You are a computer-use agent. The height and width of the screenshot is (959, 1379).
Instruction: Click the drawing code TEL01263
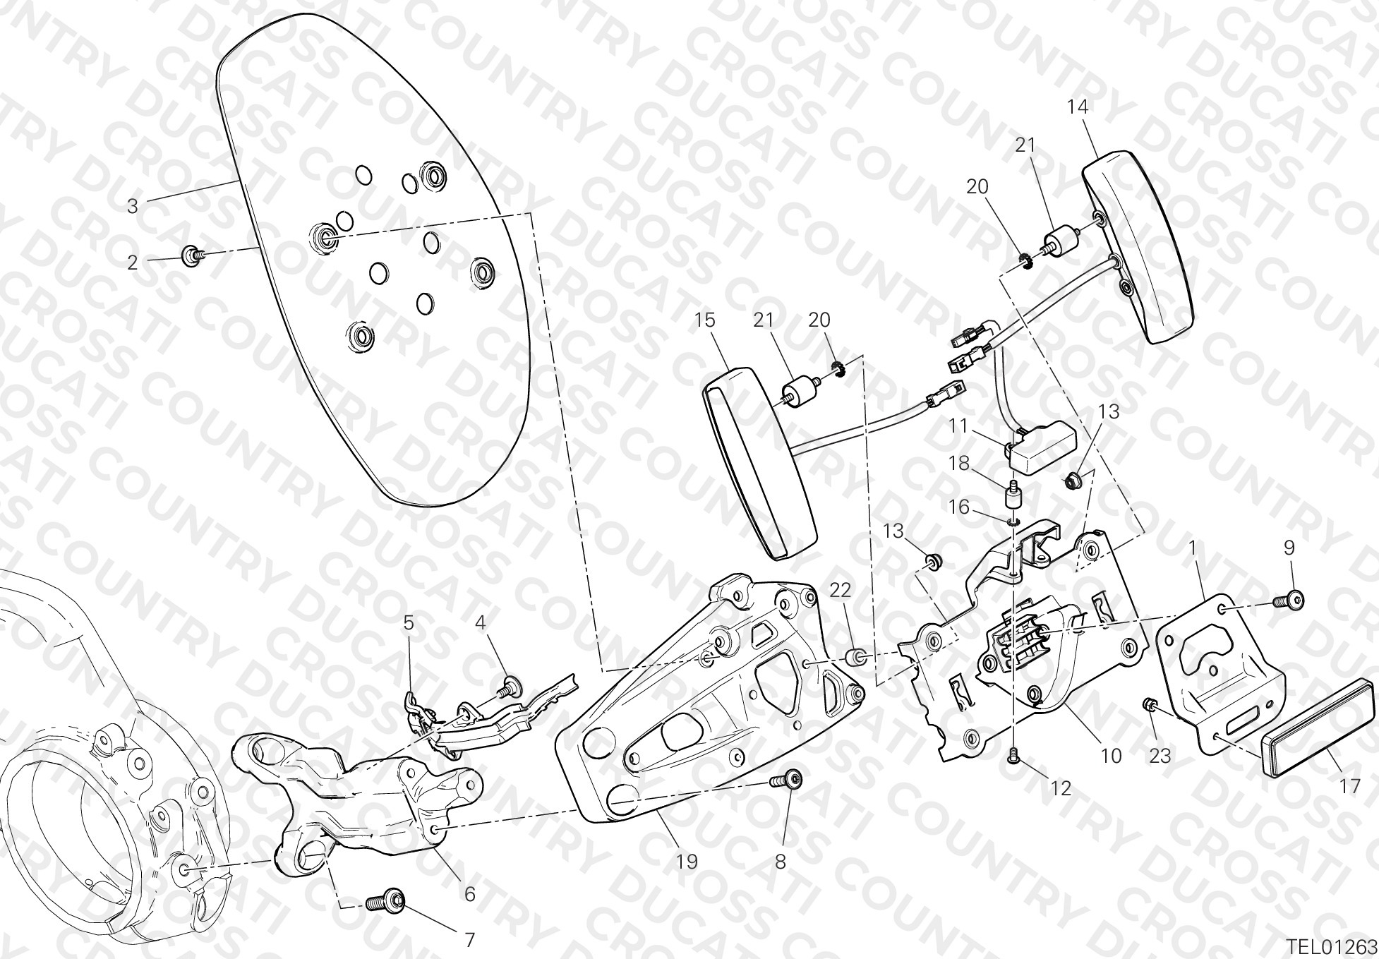(x=1331, y=944)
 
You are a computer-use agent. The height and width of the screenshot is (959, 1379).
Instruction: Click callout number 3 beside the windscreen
(x=133, y=206)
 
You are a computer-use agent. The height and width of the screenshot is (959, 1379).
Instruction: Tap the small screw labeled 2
(x=192, y=255)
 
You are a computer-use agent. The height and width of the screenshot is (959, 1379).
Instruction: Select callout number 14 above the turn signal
(x=1078, y=107)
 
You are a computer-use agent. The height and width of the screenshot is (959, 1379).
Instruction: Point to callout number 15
(x=704, y=320)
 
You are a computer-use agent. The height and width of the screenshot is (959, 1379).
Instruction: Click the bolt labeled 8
(x=786, y=781)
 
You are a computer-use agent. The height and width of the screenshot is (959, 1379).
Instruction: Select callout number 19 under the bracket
(x=687, y=861)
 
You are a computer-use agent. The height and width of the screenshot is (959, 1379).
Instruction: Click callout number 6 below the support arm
(x=469, y=893)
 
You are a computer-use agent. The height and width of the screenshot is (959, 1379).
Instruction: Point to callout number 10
(x=1111, y=756)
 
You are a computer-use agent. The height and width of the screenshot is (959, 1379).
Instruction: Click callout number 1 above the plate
(x=1191, y=547)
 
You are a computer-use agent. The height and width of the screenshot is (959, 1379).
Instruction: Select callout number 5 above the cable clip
(x=409, y=622)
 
